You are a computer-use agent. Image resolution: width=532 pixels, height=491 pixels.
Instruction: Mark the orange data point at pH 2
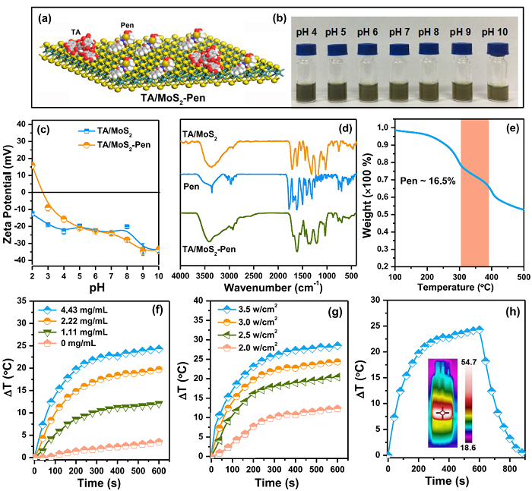click(32, 164)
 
